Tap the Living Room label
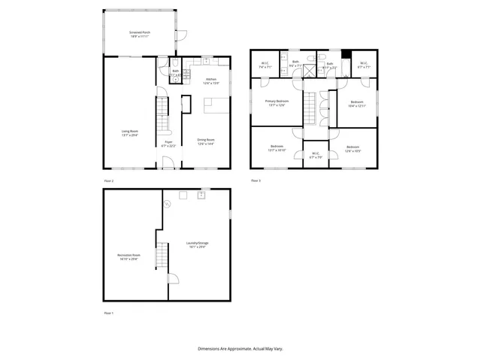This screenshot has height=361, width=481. (129, 133)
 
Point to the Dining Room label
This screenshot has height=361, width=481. (206, 141)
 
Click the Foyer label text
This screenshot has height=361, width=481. (169, 144)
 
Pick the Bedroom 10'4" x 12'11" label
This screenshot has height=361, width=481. (356, 104)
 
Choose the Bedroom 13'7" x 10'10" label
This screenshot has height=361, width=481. (277, 147)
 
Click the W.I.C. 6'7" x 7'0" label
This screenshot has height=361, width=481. (316, 156)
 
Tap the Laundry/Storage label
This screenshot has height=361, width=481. (198, 244)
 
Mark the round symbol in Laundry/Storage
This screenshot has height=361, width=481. (171, 202)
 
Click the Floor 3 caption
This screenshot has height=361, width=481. (256, 180)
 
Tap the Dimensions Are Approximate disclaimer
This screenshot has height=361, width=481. (240, 349)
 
